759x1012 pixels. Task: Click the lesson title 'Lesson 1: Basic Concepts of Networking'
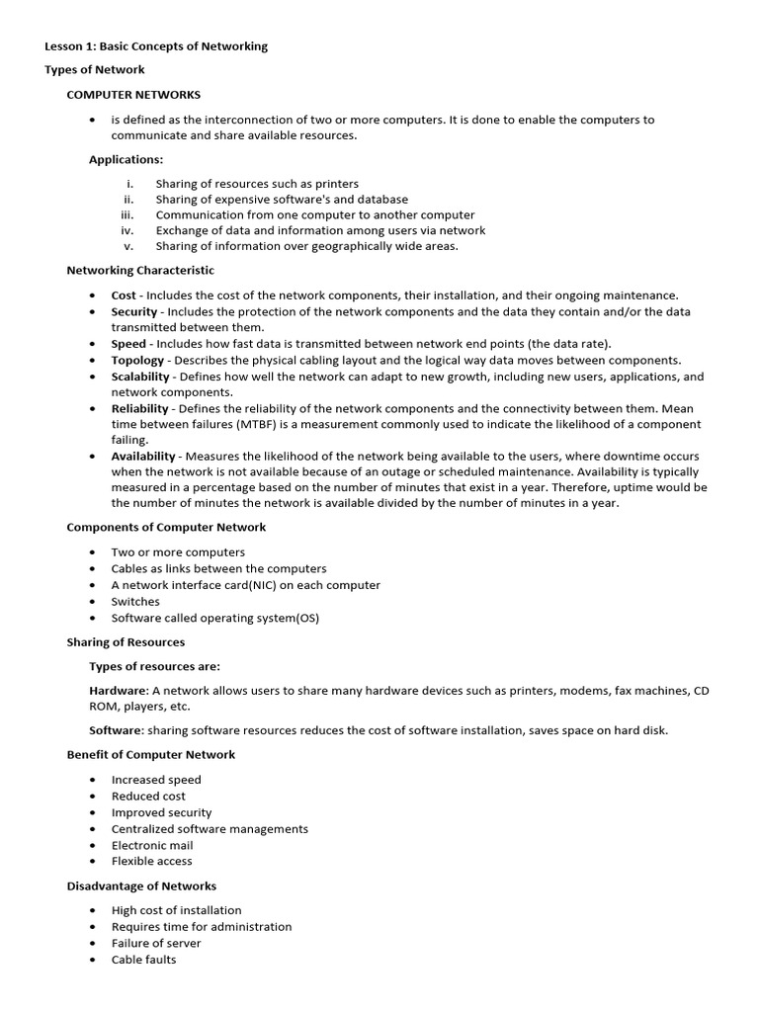[156, 46]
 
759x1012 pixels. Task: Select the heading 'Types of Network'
[95, 70]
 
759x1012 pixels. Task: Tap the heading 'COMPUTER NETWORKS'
[133, 95]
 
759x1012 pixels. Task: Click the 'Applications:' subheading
[126, 159]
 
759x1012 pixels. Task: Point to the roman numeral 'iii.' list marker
[126, 214]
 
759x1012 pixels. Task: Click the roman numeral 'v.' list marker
[128, 246]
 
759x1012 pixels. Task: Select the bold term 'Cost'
[124, 295]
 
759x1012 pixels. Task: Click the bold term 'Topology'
[137, 360]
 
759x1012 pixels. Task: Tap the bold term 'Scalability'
[141, 377]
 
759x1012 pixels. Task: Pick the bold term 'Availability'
[143, 457]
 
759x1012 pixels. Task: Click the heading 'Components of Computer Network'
[166, 528]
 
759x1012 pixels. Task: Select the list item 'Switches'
[135, 601]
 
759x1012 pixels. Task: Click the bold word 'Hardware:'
[119, 691]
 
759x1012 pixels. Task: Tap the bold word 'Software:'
[117, 730]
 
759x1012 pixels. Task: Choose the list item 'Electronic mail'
[152, 845]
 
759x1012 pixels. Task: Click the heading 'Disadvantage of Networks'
[141, 886]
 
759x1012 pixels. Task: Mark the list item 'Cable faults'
[143, 960]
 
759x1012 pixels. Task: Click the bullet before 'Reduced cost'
[92, 797]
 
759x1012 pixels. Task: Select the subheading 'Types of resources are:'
[154, 666]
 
